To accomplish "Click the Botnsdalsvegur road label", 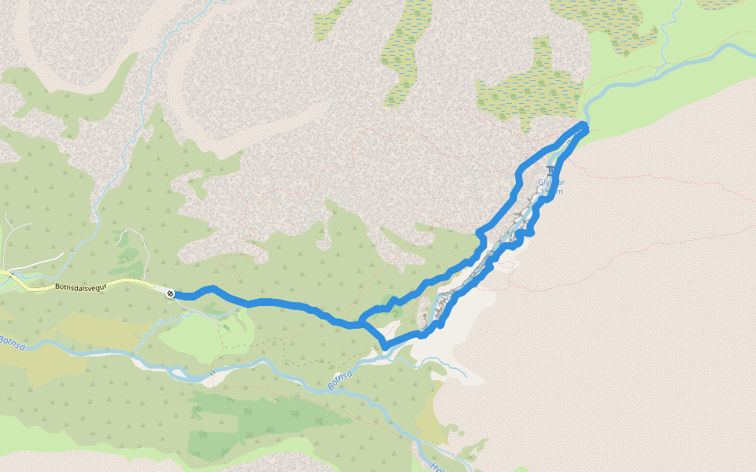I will [x=81, y=287].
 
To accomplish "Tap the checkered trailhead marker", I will [x=170, y=293].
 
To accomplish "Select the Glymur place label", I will [x=550, y=183].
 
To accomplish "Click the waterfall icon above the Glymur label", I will [x=550, y=171].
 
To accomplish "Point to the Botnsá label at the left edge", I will [x=11, y=343].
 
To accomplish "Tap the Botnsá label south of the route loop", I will [x=339, y=382].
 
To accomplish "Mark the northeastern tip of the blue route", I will [x=584, y=125].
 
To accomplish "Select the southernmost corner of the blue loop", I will [x=385, y=346].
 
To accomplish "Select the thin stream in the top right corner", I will [x=674, y=24].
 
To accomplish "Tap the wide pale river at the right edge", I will [x=709, y=55].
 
